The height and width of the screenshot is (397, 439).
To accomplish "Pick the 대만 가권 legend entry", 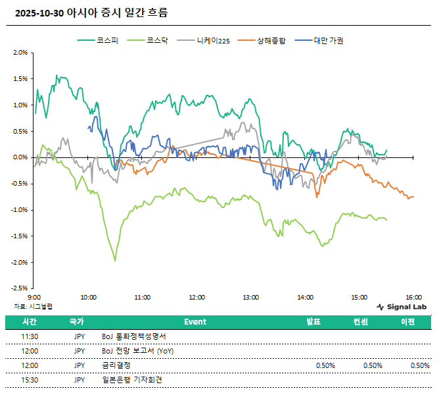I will pyautogui.click(x=325, y=41).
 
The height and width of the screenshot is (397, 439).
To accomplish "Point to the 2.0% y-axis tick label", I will pyautogui.click(x=20, y=53).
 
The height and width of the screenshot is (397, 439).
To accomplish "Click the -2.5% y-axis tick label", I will pyautogui.click(x=19, y=288).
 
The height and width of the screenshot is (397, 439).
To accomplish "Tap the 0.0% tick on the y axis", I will pyautogui.click(x=20, y=157).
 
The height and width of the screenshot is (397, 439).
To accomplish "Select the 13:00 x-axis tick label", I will pyautogui.click(x=250, y=298).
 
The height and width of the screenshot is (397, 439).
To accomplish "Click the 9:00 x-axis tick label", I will pyautogui.click(x=35, y=298).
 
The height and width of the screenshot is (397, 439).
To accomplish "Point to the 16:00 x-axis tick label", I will pyautogui.click(x=413, y=298).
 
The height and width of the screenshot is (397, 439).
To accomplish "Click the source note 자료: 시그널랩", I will pyautogui.click(x=33, y=307).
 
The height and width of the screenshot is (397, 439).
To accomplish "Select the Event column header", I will pyautogui.click(x=195, y=322).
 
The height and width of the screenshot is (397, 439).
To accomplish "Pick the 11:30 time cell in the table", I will pyautogui.click(x=30, y=336).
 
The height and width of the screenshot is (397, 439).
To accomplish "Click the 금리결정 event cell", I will pyautogui.click(x=117, y=365).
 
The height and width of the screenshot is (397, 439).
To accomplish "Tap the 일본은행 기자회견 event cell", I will pyautogui.click(x=131, y=380).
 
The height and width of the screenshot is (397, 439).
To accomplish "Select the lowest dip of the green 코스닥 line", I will pyautogui.click(x=115, y=261).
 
